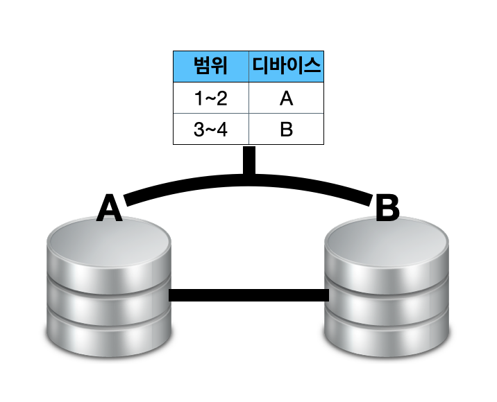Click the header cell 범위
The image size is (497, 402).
(210, 67)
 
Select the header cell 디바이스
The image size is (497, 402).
(286, 67)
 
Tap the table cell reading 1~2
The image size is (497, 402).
(210, 98)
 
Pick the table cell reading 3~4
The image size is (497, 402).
(210, 130)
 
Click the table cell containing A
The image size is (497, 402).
(286, 98)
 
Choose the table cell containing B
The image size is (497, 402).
(286, 130)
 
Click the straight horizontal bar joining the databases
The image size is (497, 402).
(248, 296)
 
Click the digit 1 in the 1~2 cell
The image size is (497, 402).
(198, 98)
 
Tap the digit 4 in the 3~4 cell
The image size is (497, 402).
(222, 130)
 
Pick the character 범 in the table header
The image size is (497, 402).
(202, 67)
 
